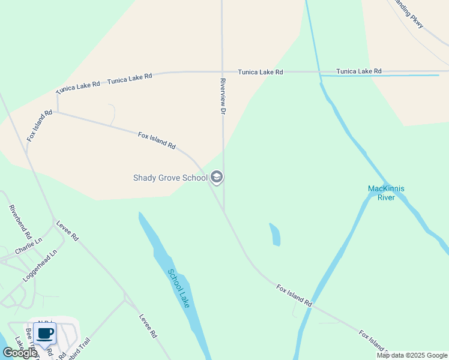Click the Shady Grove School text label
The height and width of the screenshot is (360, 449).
170,178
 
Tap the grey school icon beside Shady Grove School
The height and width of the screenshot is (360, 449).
217,177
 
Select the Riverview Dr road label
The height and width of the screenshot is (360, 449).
223,97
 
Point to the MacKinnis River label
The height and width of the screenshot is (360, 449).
386,193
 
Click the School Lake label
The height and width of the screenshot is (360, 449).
179,289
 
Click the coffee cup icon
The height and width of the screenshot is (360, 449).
45,334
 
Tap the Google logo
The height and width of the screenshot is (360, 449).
19,353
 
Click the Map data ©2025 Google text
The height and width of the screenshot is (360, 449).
412,355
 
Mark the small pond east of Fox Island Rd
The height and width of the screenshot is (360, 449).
275,235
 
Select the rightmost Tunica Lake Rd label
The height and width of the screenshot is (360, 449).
359,71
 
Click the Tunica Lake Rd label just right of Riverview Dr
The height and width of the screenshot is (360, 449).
260,72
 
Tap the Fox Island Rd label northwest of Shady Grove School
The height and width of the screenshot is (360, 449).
157,141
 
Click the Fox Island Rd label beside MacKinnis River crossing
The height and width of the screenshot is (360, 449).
295,296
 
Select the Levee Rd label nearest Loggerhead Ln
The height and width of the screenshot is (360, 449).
67,231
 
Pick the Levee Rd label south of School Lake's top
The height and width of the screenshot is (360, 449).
148,326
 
